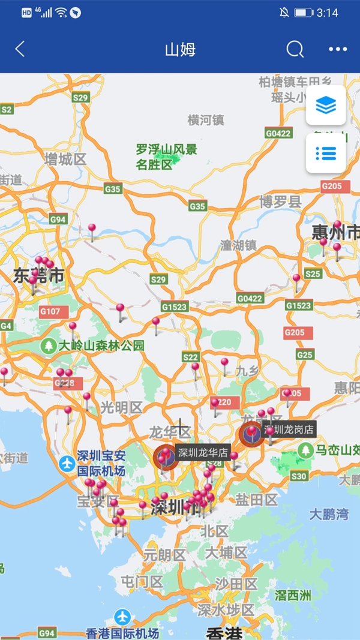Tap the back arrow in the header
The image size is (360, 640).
tap(20, 49)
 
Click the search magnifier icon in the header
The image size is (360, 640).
tap(295, 49)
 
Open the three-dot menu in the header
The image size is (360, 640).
tap(338, 49)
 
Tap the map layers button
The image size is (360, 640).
tap(326, 106)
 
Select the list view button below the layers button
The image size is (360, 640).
tap(326, 153)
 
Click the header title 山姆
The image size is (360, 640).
tap(180, 49)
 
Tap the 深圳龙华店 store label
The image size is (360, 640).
tap(203, 452)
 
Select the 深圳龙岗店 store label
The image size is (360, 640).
tap(289, 429)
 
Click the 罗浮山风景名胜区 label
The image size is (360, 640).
tap(166, 157)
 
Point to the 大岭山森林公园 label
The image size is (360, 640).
tap(101, 345)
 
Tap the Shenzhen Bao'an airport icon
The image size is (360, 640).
tap(67, 463)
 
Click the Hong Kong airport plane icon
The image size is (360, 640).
tap(122, 617)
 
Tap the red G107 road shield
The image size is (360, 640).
tap(50, 311)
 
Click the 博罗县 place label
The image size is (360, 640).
tap(280, 202)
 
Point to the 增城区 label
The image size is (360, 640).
tap(65, 159)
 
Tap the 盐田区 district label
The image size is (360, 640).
tap(256, 499)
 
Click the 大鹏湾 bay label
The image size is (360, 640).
tap(329, 514)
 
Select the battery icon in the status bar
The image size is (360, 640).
tap(303, 13)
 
